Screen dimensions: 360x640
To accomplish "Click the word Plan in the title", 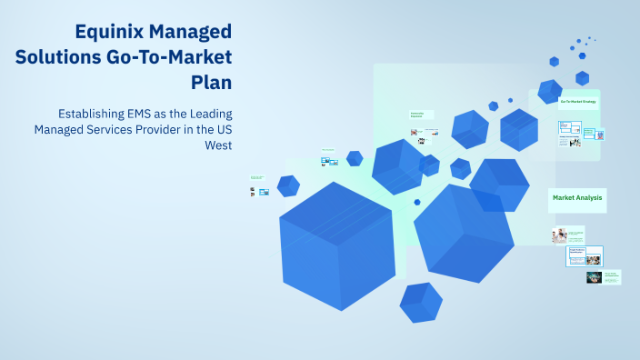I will click(x=212, y=82).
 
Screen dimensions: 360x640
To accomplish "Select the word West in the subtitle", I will click(x=219, y=145).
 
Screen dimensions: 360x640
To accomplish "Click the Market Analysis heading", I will click(x=577, y=197).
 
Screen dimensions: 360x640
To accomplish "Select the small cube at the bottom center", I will click(x=420, y=302).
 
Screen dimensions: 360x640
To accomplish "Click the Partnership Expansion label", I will click(x=417, y=115).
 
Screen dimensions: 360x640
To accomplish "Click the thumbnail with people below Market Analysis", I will click(x=558, y=236).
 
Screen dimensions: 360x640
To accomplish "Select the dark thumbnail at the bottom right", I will click(x=594, y=277).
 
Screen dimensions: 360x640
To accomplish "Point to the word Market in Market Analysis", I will click(x=564, y=197).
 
